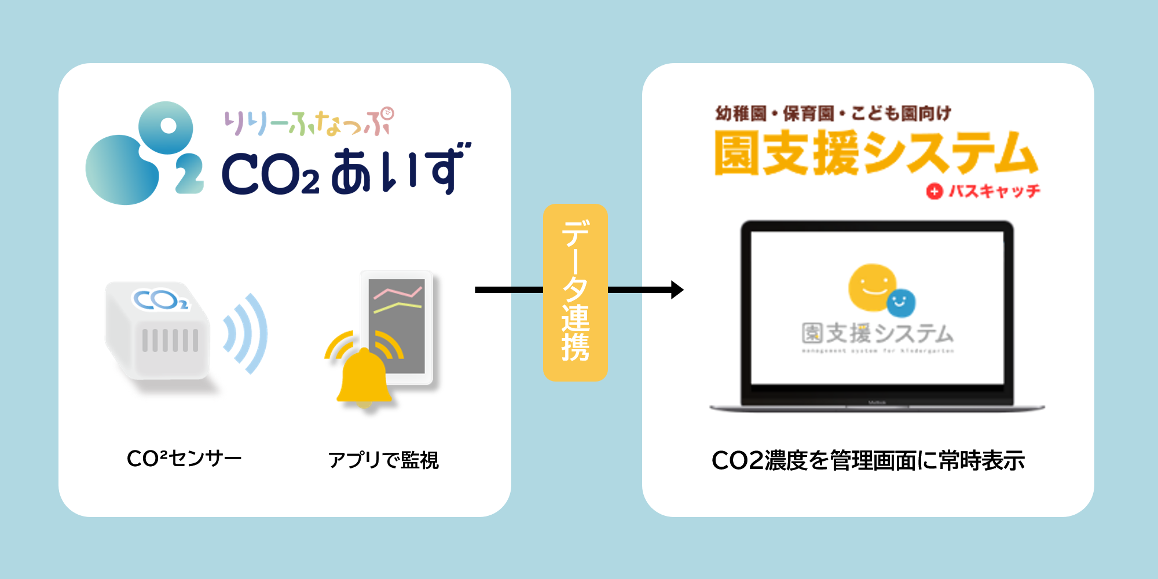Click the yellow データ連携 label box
click(575, 292)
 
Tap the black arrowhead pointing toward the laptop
click(677, 289)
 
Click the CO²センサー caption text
click(184, 459)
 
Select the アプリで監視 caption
click(383, 460)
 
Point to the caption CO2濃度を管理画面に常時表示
click(868, 461)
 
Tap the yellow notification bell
click(364, 377)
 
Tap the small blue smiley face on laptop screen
click(900, 303)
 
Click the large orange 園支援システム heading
click(875, 153)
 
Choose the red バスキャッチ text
click(994, 191)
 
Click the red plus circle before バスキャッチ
click(934, 191)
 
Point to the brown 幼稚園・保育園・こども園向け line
click(833, 113)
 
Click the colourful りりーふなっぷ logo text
click(309, 122)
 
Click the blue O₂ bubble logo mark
click(144, 154)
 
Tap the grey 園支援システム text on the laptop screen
click(877, 334)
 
